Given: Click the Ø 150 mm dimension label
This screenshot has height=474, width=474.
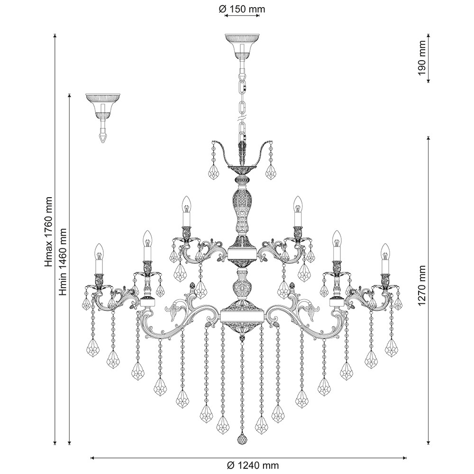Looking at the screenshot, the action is point(242,9).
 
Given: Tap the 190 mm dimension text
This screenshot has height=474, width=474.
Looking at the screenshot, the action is point(422,58).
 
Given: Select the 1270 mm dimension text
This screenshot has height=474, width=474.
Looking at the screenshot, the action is point(422,286).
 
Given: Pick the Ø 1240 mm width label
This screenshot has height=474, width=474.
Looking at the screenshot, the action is point(253,465).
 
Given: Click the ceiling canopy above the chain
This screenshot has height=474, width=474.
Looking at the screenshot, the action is point(242,46).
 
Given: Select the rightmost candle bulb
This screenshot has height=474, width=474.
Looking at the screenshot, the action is point(385,252).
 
